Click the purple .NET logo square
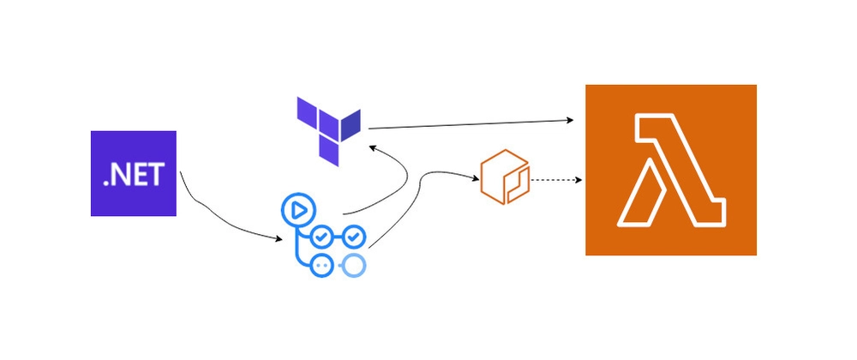coord(134,173)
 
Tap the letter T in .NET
coord(156,175)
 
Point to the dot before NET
coord(106,183)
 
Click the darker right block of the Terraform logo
coord(351,124)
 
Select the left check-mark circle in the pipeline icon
coord(321,237)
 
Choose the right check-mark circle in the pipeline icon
coord(354,237)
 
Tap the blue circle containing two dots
coord(321,265)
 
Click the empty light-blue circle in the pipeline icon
coord(355,265)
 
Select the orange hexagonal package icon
coord(505,177)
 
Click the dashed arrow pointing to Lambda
coord(556,180)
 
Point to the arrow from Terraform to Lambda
coord(471,124)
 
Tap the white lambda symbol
coord(671,170)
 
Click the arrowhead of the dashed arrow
coord(578,180)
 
